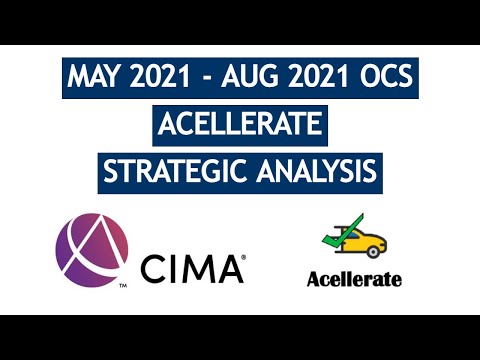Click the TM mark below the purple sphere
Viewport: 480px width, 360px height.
point(121,286)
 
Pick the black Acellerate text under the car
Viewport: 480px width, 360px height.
point(354,279)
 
